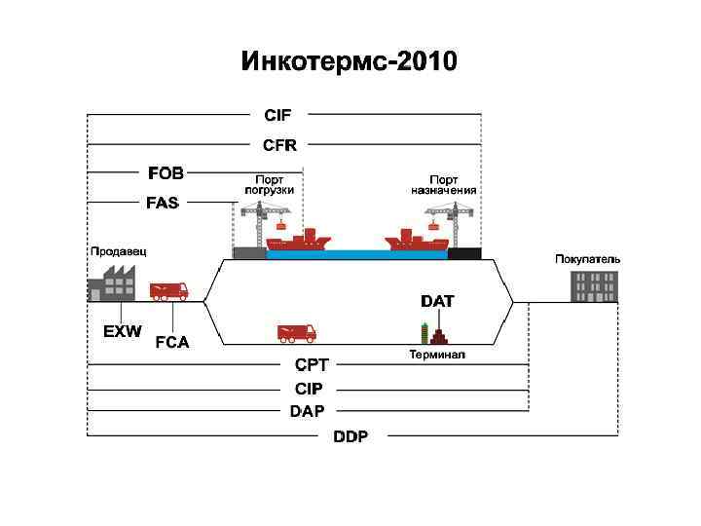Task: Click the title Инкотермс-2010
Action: pyautogui.click(x=349, y=64)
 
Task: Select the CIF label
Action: pyautogui.click(x=277, y=115)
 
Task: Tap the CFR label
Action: pyautogui.click(x=279, y=144)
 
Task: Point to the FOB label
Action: pyautogui.click(x=166, y=173)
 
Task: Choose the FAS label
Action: pyautogui.click(x=163, y=203)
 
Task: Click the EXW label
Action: pyautogui.click(x=122, y=331)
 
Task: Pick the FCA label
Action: pyautogui.click(x=172, y=342)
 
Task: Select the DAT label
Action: pyautogui.click(x=437, y=302)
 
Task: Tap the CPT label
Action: pyautogui.click(x=312, y=365)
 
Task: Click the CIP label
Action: pyautogui.click(x=309, y=389)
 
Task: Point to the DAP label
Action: pyautogui.click(x=308, y=411)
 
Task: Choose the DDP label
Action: pyautogui.click(x=350, y=436)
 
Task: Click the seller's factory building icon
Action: pyautogui.click(x=111, y=282)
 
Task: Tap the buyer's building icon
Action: pyautogui.click(x=593, y=286)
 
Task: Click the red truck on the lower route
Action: pyautogui.click(x=296, y=332)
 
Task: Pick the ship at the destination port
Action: pyautogui.click(x=415, y=240)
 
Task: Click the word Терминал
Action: pyautogui.click(x=437, y=355)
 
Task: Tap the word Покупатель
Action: pyautogui.click(x=587, y=259)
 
